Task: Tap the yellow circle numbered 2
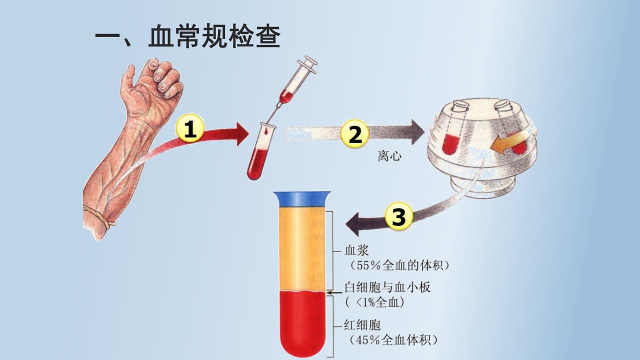(355, 133)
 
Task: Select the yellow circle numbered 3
(399, 216)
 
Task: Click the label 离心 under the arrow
(389, 156)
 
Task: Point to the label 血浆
(357, 250)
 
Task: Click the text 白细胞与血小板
(387, 287)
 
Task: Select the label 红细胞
(362, 325)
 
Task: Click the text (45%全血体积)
(393, 340)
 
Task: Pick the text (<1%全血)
(375, 302)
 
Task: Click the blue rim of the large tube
(302, 199)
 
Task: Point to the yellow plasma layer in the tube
(302, 249)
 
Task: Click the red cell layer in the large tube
(302, 323)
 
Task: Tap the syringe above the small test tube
(294, 85)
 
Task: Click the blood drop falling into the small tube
(266, 131)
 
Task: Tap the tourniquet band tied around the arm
(98, 216)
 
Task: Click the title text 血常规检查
(214, 36)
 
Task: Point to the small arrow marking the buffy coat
(334, 292)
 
